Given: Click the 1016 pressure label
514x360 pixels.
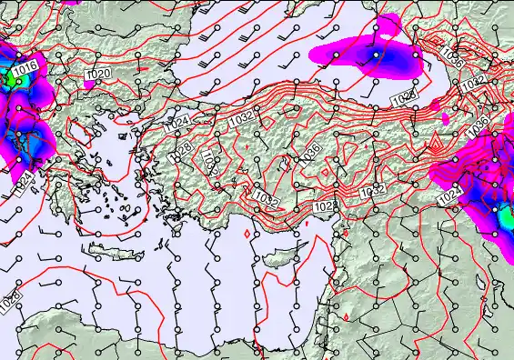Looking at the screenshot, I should (25, 67).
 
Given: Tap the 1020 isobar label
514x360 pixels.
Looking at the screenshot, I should (98, 74).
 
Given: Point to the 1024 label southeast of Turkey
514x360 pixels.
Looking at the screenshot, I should (448, 196).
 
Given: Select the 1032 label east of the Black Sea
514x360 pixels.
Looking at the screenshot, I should (472, 85).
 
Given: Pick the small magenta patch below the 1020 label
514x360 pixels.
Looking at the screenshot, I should (90, 84).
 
